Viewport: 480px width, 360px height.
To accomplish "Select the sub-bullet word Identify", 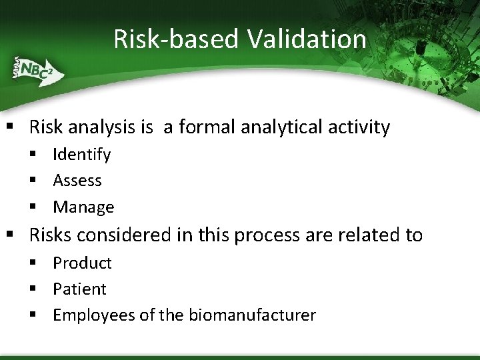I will click(x=81, y=155).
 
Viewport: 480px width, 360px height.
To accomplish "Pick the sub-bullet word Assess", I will click(x=77, y=181).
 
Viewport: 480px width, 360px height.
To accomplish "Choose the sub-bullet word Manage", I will click(x=83, y=207).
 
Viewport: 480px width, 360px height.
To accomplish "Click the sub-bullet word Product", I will click(x=82, y=263).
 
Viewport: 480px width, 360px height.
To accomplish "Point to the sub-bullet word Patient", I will click(x=79, y=289).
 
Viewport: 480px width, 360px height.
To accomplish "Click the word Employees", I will click(x=94, y=315).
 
